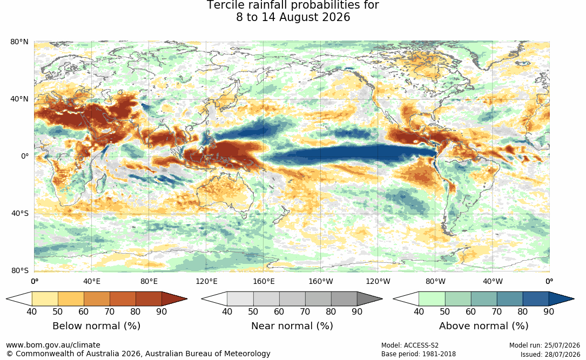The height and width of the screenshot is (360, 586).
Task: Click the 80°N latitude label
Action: click(19, 42)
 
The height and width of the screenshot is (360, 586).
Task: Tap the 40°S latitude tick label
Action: click(19, 214)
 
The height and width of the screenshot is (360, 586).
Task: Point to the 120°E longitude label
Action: click(206, 281)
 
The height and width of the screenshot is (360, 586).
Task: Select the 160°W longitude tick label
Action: click(321, 281)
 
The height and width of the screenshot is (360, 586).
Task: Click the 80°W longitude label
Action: click(435, 281)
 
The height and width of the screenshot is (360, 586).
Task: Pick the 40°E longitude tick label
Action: click(92, 281)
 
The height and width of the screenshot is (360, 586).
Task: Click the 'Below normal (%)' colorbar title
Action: click(97, 325)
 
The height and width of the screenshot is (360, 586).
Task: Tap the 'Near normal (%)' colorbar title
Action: click(292, 325)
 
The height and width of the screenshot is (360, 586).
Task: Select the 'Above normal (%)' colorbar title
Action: click(483, 325)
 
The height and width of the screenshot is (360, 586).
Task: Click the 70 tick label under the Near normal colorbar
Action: click(305, 311)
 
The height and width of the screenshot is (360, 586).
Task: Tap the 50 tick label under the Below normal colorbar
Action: click(58, 311)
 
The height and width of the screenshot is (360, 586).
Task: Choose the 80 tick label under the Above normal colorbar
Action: click(522, 311)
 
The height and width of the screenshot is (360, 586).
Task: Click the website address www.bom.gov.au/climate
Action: click(53, 345)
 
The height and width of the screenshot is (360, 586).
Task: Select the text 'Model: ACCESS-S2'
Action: click(410, 345)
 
